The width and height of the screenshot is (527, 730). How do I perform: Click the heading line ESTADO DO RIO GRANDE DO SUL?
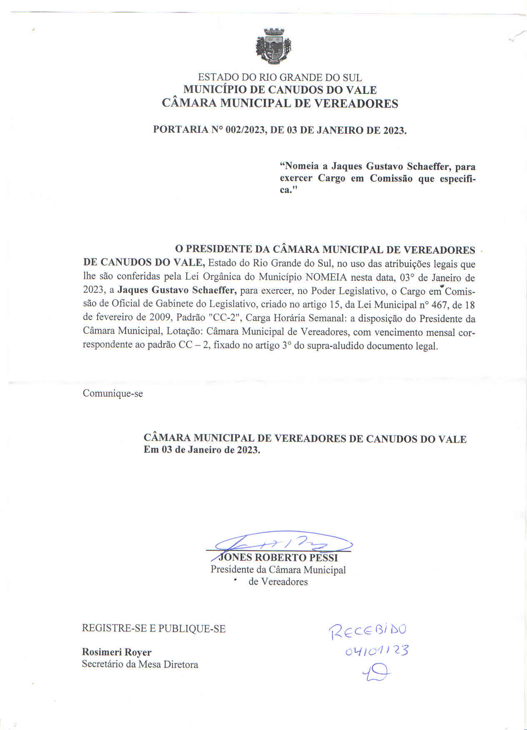[x=280, y=77]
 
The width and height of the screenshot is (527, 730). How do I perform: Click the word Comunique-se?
[x=113, y=393]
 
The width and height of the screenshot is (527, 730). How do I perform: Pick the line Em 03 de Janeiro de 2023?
[x=202, y=450]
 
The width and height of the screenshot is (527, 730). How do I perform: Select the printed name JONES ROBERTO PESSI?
[x=278, y=557]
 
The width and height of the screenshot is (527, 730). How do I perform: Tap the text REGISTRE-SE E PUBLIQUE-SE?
[x=153, y=628]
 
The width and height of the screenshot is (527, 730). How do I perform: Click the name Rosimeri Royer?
[x=116, y=652]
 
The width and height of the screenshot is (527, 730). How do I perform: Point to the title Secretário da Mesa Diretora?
[x=140, y=664]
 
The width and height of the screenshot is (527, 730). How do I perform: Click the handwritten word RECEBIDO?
[x=368, y=631]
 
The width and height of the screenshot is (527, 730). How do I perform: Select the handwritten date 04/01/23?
[x=376, y=650]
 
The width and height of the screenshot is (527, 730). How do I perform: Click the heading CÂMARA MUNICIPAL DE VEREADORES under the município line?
[x=280, y=103]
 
